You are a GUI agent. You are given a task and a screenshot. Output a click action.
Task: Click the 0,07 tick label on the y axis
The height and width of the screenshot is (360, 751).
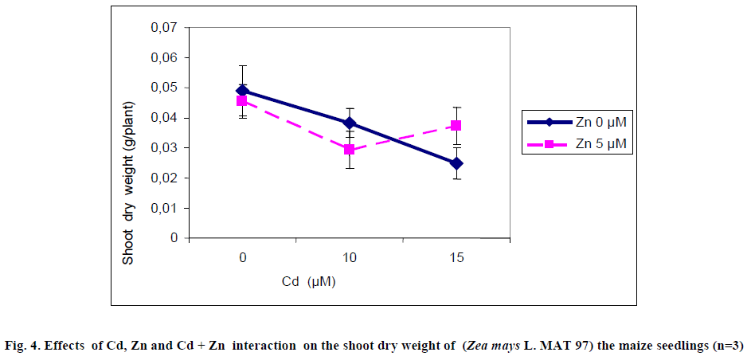click(164, 28)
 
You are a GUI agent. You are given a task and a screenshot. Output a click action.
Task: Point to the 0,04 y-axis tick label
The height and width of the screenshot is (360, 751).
click(164, 118)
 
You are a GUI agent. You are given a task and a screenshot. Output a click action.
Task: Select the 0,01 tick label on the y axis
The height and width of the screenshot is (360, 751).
click(164, 208)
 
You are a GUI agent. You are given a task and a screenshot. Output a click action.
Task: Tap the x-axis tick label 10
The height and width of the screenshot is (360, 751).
click(349, 258)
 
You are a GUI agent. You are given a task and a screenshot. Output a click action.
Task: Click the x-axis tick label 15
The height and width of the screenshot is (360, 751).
click(456, 258)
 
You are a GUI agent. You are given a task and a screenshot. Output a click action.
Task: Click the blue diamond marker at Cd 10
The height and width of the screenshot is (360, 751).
click(349, 123)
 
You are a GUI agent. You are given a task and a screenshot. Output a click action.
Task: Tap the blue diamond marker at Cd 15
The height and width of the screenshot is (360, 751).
click(456, 163)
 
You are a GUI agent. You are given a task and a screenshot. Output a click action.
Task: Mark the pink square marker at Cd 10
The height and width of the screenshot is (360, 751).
click(349, 150)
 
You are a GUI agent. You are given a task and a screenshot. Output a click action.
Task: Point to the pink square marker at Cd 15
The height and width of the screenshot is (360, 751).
click(456, 126)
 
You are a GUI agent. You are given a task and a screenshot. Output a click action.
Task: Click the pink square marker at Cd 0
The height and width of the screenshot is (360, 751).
click(242, 101)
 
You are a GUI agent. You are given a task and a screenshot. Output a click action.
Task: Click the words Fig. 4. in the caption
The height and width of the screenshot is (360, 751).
click(19, 345)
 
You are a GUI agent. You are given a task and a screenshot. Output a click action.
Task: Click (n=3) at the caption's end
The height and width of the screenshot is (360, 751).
click(727, 345)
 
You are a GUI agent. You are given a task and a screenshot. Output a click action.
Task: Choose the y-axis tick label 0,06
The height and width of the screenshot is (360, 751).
click(164, 58)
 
